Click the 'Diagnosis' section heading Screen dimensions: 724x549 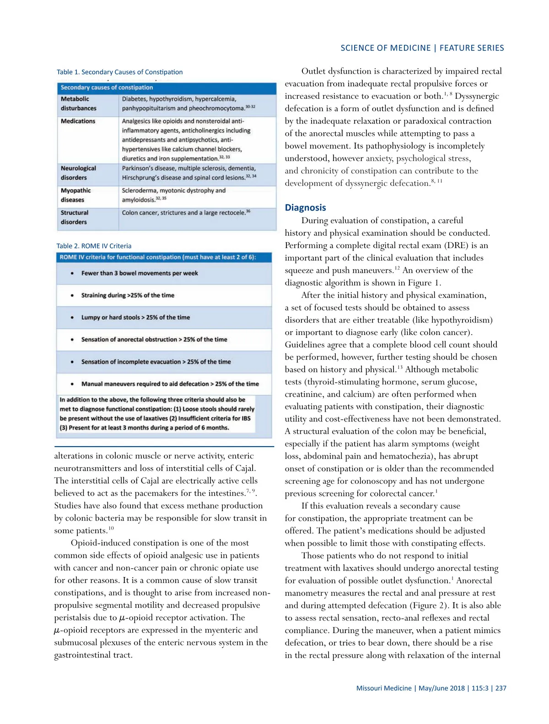point(305,208)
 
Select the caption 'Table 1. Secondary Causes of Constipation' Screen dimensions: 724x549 point(119,72)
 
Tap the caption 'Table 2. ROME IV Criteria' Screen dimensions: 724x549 point(94,246)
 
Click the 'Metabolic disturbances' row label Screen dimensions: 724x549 point(79,103)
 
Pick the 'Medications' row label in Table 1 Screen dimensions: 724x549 point(78,121)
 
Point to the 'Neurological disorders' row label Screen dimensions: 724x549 point(78,173)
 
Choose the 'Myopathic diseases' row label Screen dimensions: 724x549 point(76,195)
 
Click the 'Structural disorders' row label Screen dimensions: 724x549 point(75,217)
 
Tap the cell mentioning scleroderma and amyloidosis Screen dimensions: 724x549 point(173,195)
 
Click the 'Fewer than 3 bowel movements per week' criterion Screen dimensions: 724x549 point(140,273)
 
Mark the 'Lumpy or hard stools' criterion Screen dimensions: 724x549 point(135,318)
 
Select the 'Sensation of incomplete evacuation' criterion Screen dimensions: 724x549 point(156,362)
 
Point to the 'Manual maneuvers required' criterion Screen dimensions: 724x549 point(170,384)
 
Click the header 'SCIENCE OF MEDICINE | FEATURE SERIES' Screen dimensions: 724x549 point(422,48)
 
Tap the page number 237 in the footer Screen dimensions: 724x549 point(501,688)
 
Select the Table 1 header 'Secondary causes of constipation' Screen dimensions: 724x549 point(107,87)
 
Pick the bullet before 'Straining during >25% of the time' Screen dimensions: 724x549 point(72,296)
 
